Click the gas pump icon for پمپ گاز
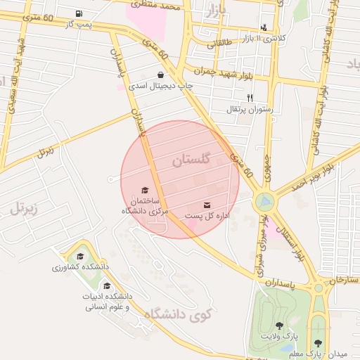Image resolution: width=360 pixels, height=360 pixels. [x=78, y=14]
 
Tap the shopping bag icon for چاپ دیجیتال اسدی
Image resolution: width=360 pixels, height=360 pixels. [x=161, y=74]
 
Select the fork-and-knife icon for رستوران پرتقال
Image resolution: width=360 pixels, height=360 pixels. [x=250, y=98]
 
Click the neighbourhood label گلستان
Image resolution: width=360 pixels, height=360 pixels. [x=191, y=160]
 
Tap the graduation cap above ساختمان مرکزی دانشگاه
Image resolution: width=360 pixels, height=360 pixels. [x=145, y=190]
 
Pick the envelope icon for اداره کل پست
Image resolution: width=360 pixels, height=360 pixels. [x=207, y=204]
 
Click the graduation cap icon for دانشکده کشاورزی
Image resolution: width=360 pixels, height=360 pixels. [x=80, y=257]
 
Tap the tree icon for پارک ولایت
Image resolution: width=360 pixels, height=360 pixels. [x=280, y=326]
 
